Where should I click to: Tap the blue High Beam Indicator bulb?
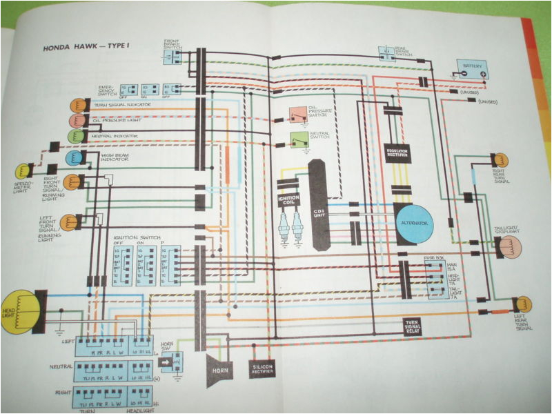pyautogui.click(x=73, y=158)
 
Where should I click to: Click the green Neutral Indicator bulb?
pyautogui.click(x=75, y=136)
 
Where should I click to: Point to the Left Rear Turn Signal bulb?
pyautogui.click(x=523, y=304)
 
